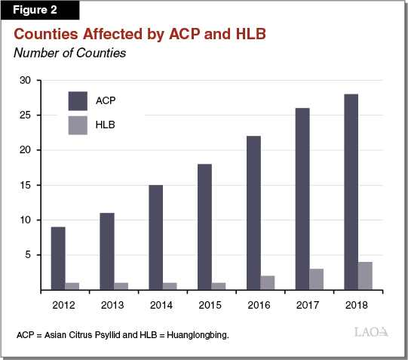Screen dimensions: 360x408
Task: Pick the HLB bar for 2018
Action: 365,275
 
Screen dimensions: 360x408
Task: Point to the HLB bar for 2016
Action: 268,282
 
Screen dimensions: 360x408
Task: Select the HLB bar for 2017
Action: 317,278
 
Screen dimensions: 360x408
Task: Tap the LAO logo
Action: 370,331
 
